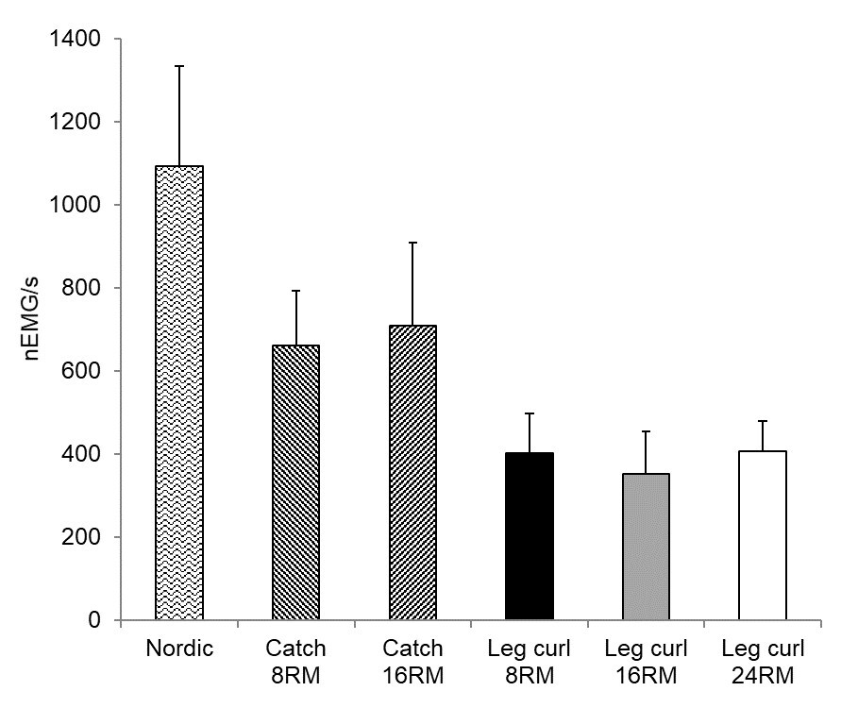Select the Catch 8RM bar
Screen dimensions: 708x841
[x=295, y=482]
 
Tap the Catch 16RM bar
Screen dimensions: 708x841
[x=412, y=472]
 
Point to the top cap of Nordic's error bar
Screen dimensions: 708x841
[x=178, y=66]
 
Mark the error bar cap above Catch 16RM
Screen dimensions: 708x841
[x=412, y=243]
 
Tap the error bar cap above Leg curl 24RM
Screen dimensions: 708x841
[x=763, y=421]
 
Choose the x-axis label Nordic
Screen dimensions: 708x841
[x=178, y=649]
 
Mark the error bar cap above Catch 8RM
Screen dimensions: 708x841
[x=295, y=291]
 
